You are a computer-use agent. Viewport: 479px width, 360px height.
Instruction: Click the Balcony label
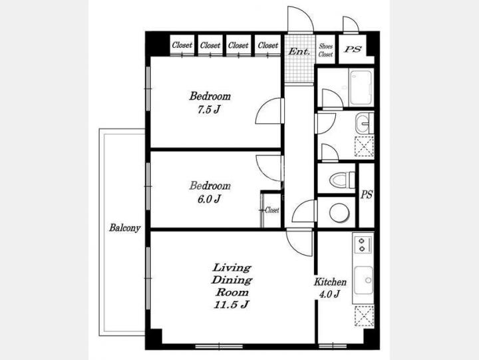click(124, 228)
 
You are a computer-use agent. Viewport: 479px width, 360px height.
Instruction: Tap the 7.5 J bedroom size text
click(209, 109)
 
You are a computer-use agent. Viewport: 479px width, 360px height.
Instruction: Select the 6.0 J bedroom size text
click(209, 199)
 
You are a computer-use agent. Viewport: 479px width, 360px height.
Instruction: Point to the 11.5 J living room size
click(232, 305)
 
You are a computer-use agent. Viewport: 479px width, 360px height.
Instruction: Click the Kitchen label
click(330, 281)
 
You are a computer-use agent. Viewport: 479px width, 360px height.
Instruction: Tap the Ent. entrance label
click(299, 51)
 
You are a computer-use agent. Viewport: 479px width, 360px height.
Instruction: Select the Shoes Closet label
click(325, 50)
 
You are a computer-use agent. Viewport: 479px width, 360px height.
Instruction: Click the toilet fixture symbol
click(342, 179)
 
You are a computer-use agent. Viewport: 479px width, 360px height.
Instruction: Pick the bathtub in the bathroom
click(361, 88)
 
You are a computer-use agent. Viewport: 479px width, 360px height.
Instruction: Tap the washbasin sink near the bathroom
click(363, 123)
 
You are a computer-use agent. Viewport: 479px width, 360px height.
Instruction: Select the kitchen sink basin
click(363, 280)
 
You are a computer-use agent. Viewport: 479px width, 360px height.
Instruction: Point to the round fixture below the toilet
click(339, 213)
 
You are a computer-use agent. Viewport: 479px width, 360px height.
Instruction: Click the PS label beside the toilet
click(367, 195)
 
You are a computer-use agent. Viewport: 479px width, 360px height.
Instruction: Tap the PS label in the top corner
click(353, 49)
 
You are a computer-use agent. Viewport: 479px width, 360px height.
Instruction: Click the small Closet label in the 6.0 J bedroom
click(272, 210)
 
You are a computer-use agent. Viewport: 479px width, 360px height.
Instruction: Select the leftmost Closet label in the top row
click(182, 45)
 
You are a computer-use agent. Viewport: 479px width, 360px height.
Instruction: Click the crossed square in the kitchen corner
click(364, 316)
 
